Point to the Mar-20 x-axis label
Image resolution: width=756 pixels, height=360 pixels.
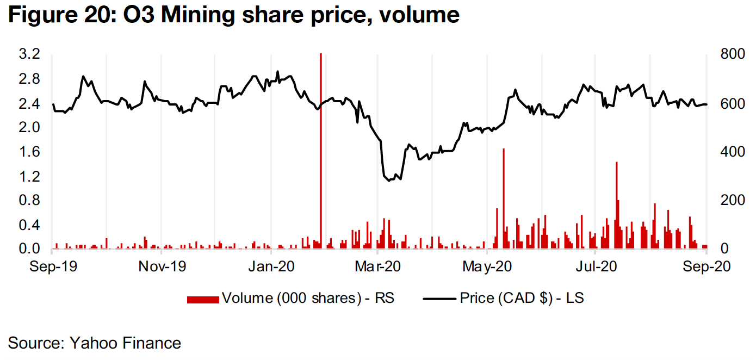coord(379,267)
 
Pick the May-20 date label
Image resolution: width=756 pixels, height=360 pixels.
coord(487,267)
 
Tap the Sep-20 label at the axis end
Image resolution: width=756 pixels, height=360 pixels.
coord(705,267)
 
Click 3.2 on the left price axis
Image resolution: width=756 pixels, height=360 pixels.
coord(30,54)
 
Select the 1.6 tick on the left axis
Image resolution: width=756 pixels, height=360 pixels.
coord(30,152)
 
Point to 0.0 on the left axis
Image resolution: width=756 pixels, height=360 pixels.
coord(30,249)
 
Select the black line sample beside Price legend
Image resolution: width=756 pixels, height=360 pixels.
coord(439,299)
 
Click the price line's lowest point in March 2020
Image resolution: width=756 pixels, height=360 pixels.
coord(389,181)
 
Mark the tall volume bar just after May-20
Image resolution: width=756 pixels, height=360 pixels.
coord(504,196)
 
